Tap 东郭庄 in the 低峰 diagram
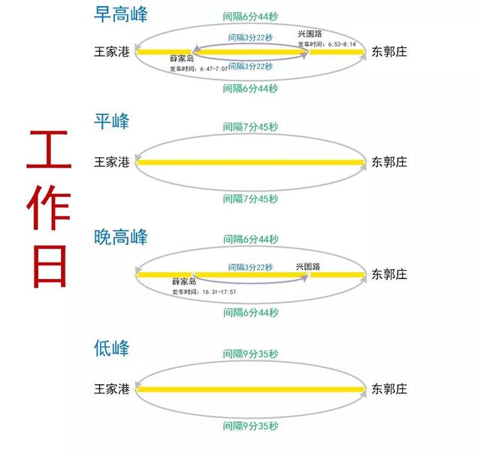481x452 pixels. (389, 389)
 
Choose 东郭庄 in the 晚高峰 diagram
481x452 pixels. (389, 275)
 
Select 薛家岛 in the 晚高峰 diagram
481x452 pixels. (185, 282)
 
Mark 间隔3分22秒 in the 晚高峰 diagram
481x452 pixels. (250, 267)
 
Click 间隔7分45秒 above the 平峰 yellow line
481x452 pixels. (250, 126)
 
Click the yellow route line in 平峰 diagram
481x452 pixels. (250, 162)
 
